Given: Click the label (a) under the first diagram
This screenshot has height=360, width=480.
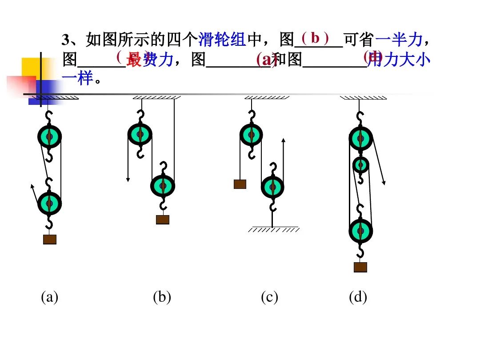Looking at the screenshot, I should pos(49,297).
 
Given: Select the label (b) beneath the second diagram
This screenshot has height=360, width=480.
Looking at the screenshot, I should pos(162,297).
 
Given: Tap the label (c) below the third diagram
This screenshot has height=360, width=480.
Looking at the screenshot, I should pos(269,297).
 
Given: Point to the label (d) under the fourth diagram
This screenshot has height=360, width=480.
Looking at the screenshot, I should pos(358,297).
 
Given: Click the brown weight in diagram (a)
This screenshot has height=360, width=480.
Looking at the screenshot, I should pos(50,239).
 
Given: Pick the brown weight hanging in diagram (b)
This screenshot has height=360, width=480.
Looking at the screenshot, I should pos(163,220).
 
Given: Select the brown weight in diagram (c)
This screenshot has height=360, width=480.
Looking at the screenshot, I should pos(240,184).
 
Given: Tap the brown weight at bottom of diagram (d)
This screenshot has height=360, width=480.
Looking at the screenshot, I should pos(360,267).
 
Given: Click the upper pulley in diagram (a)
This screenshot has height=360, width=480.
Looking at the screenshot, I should pos(49,136).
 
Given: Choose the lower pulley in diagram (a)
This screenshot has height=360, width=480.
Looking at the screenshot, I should pos(49,203).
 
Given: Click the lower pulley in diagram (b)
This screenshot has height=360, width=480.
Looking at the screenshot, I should pos(163,186).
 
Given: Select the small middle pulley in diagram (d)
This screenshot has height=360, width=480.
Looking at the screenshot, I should pos(360,165).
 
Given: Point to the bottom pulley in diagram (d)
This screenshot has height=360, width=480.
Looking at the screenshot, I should pos(360,231).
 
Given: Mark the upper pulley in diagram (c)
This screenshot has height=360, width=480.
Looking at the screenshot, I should pos(251,135).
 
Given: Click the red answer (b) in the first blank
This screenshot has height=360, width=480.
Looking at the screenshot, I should pos(315,38).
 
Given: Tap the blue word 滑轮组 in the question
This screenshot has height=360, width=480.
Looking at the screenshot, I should pos(222,40).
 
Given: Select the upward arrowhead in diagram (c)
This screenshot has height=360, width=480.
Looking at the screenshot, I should pos(284,140).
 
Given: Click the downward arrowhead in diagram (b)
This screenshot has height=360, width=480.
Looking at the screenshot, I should pos(128,179).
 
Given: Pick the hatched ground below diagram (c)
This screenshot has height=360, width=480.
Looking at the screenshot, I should pos(273,230).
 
